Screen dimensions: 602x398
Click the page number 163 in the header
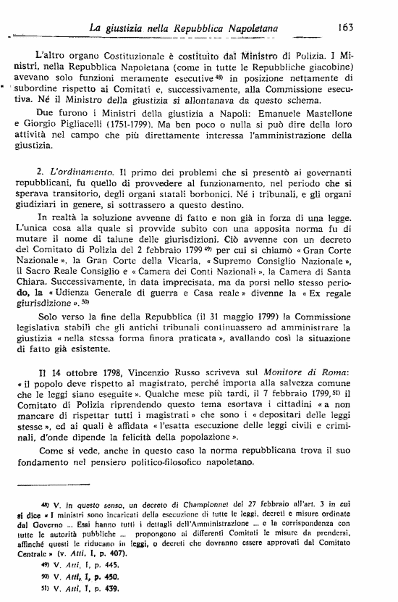(344, 28)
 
